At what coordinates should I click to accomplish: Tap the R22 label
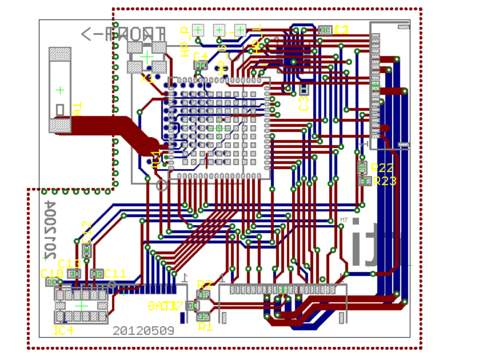(382, 168)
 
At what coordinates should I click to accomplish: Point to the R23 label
(385, 181)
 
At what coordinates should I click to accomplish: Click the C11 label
(115, 273)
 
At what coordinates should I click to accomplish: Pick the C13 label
(69, 263)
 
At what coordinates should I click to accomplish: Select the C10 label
(52, 273)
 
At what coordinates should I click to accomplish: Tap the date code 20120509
(143, 330)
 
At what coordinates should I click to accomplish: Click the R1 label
(206, 327)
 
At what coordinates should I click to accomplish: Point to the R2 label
(205, 284)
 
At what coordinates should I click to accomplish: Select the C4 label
(201, 56)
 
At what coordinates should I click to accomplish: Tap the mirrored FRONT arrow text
(123, 34)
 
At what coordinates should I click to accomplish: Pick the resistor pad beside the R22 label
(362, 167)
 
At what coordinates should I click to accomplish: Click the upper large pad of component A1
(60, 54)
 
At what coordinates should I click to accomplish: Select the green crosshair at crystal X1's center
(147, 56)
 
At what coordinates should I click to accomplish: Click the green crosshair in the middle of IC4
(82, 305)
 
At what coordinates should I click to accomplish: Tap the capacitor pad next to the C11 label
(97, 273)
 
